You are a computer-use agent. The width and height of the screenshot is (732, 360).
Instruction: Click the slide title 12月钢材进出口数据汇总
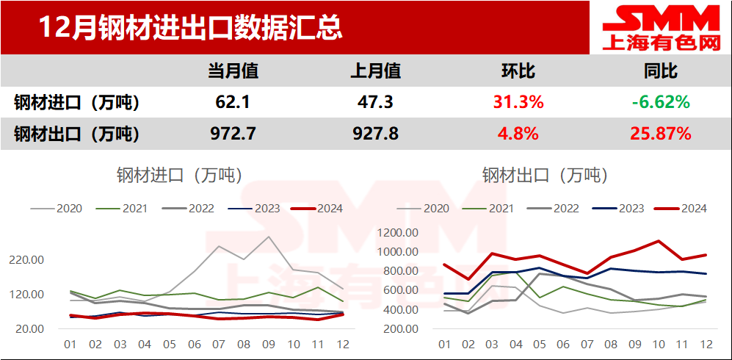(x=189, y=28)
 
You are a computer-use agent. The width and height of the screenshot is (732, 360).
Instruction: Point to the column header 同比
(x=660, y=71)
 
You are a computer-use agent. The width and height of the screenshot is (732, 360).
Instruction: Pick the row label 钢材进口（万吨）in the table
(x=76, y=102)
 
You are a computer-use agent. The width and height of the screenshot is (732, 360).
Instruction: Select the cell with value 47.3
(x=376, y=102)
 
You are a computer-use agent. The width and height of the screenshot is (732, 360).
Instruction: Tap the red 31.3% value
(x=518, y=102)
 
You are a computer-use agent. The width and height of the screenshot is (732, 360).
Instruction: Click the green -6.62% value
(x=660, y=102)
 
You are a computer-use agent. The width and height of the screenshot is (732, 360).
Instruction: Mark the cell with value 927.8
(x=376, y=134)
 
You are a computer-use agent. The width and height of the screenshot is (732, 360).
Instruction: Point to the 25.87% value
(x=660, y=134)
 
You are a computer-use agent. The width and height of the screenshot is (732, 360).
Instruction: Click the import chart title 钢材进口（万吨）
(x=179, y=175)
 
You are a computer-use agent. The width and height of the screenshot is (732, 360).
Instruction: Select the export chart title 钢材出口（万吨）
(x=546, y=175)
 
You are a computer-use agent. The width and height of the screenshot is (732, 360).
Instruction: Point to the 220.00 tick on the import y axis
(x=27, y=260)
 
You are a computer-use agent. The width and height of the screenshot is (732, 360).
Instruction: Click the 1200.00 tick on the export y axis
(x=398, y=233)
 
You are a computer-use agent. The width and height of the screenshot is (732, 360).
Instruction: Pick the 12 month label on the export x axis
(x=706, y=344)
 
